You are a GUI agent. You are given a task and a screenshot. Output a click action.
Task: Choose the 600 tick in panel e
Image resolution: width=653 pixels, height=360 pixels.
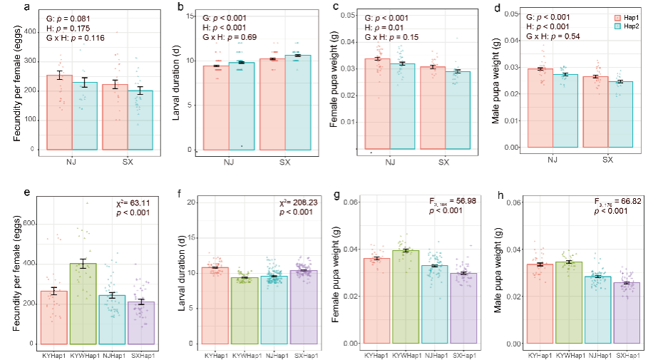pos(32,224)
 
